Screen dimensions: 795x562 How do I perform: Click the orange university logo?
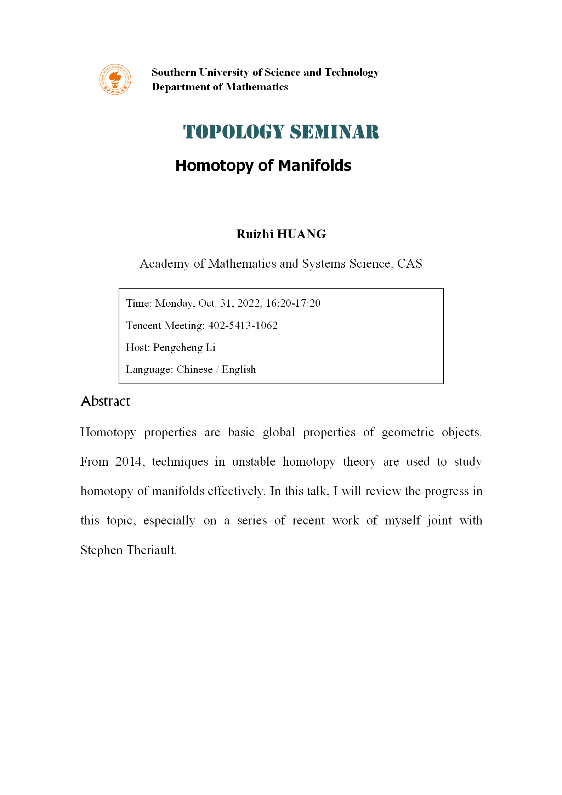tap(115, 79)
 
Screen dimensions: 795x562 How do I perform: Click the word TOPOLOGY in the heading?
tap(234, 132)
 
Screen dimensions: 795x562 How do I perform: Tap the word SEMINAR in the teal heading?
tap(334, 132)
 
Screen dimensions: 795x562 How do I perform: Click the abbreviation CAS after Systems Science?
tap(409, 263)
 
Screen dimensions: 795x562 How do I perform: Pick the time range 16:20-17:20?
tap(293, 303)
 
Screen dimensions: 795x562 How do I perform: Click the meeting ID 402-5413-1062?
tap(243, 325)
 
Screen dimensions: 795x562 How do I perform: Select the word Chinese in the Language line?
tap(194, 369)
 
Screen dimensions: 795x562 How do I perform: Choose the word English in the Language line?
tap(239, 369)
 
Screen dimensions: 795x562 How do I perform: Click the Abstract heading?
tap(106, 401)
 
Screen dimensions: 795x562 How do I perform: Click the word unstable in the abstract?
tap(254, 461)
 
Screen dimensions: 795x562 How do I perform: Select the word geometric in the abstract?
tap(408, 432)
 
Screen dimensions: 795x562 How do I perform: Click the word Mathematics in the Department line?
tap(256, 87)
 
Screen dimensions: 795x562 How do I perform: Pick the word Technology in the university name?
tap(352, 72)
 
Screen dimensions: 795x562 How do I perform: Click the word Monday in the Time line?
tap(174, 303)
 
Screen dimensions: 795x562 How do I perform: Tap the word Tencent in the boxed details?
tap(143, 325)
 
